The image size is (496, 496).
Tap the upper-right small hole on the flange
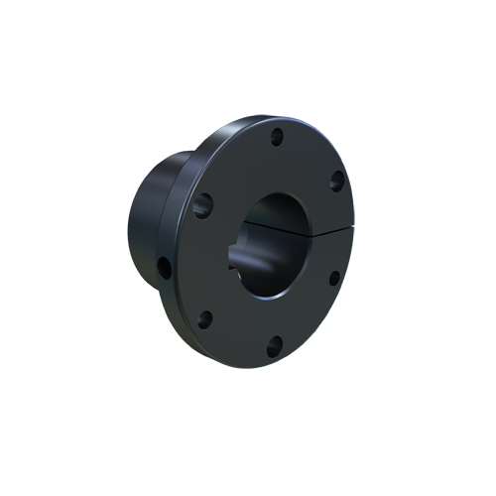click(336, 180)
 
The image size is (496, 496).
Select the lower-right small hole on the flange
click(333, 278)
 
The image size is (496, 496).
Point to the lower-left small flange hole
click(205, 318)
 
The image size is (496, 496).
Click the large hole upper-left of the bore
click(202, 205)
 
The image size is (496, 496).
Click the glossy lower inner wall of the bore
click(273, 283)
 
